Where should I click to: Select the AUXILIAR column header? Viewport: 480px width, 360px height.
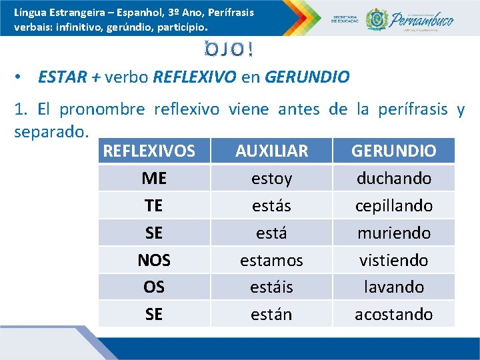click(x=271, y=151)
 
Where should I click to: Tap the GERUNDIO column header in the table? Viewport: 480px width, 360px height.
click(x=393, y=151)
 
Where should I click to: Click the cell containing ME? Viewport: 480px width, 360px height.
click(x=154, y=179)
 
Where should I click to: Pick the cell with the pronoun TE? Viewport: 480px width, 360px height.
click(x=154, y=206)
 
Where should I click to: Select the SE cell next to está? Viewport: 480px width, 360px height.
click(x=154, y=233)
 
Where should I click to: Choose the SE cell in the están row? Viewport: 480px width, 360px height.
click(x=154, y=314)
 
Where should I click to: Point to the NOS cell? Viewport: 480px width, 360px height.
click(x=154, y=260)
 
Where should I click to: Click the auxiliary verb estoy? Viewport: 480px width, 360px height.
click(x=271, y=179)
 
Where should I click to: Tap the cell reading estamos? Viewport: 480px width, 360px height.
click(x=271, y=260)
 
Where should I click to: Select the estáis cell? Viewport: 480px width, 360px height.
click(x=271, y=287)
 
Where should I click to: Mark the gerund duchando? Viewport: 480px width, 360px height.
click(x=393, y=179)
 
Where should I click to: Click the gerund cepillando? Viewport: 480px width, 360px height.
click(x=393, y=206)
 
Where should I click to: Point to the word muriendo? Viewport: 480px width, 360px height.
click(x=393, y=233)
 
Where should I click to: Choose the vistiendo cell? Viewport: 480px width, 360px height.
click(x=393, y=260)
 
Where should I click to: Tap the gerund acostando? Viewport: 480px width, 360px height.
click(x=393, y=314)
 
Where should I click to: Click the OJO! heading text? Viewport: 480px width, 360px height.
click(x=229, y=51)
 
